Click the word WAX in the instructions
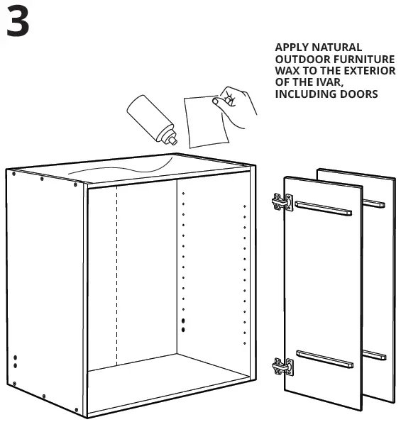(287, 71)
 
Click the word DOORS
(356, 94)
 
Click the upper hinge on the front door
(282, 202)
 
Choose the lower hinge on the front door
(282, 367)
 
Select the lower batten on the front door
(324, 359)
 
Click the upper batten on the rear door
(374, 204)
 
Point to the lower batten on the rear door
(374, 354)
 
